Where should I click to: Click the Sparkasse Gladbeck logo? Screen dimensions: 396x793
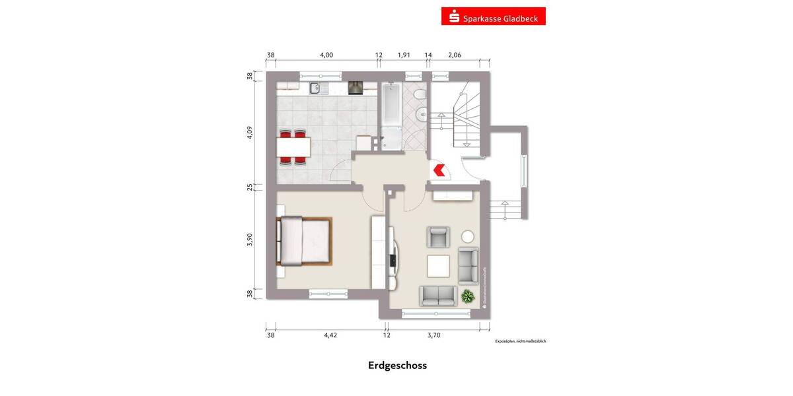(x=493, y=16)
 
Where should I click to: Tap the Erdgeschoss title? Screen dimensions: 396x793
(x=397, y=366)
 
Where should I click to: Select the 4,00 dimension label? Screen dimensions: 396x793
(x=326, y=55)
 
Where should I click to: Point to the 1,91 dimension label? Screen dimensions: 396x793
(x=404, y=55)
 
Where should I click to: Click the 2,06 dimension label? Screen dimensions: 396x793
(x=455, y=55)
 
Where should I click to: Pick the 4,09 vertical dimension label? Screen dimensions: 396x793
(x=250, y=132)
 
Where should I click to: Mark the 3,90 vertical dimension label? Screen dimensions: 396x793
(x=250, y=241)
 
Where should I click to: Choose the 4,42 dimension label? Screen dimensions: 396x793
(x=330, y=335)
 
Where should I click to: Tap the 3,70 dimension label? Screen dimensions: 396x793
(x=434, y=335)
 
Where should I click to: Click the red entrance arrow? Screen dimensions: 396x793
(x=438, y=170)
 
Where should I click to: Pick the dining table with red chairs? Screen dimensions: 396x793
(x=293, y=145)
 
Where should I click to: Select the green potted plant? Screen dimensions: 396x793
(x=469, y=296)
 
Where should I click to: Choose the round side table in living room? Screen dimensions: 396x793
(x=468, y=236)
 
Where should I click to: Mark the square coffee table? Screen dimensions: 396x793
(x=438, y=265)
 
